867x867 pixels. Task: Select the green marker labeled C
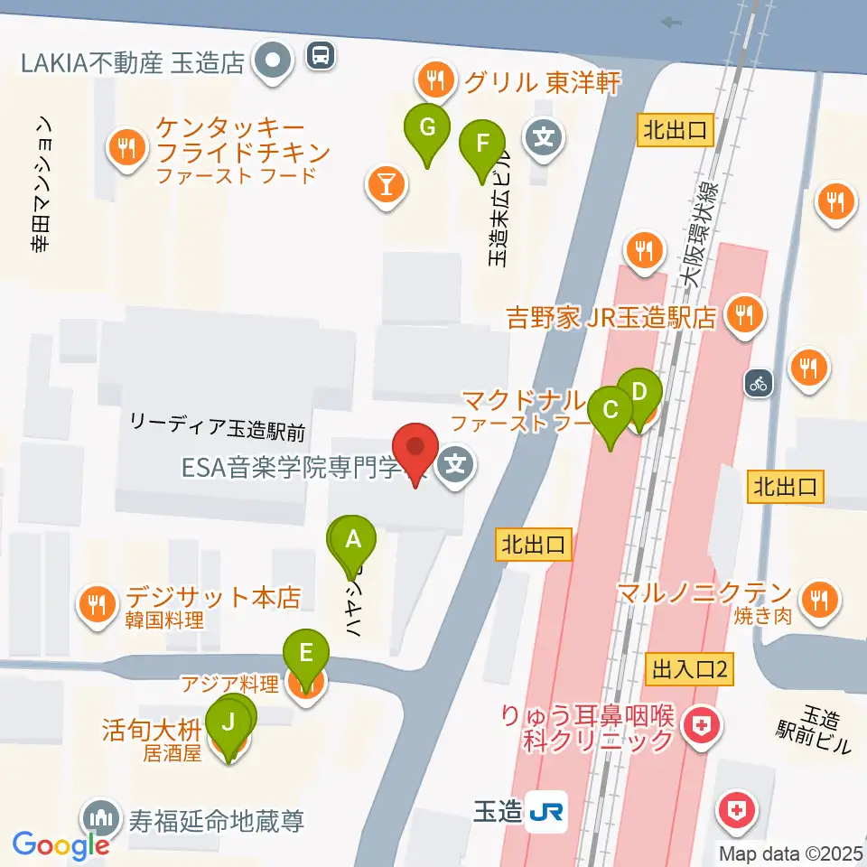click(611, 411)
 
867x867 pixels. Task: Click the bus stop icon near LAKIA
click(321, 57)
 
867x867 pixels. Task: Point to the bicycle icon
click(758, 383)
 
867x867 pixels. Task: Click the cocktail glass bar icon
click(387, 185)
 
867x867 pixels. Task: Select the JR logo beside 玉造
click(547, 811)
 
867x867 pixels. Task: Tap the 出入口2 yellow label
click(690, 670)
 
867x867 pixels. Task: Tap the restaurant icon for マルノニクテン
click(820, 596)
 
